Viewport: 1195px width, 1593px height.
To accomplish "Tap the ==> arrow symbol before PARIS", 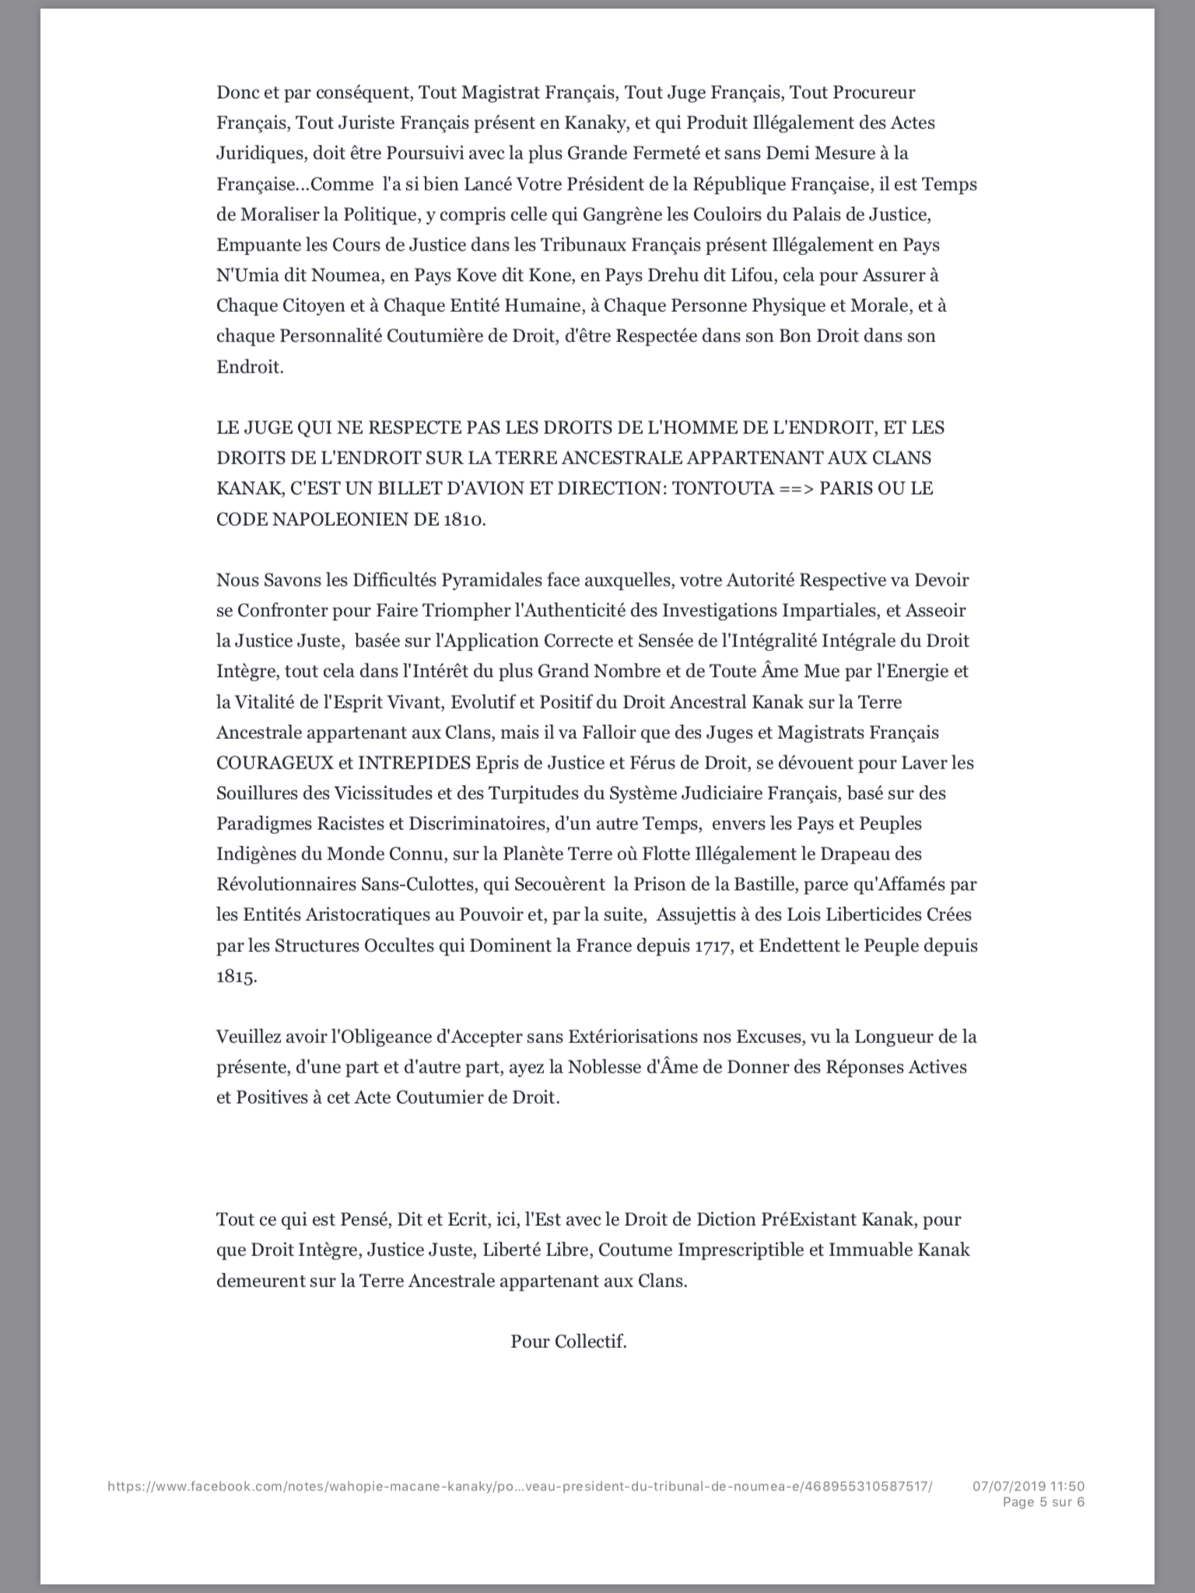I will click(x=796, y=488).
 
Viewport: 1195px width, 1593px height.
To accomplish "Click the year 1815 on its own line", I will click(x=236, y=977).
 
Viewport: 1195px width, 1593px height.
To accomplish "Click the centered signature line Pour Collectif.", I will click(x=568, y=1342).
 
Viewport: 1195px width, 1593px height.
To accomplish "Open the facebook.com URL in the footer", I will click(x=519, y=1485).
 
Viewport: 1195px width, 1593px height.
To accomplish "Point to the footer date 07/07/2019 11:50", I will click(x=1028, y=1485).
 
